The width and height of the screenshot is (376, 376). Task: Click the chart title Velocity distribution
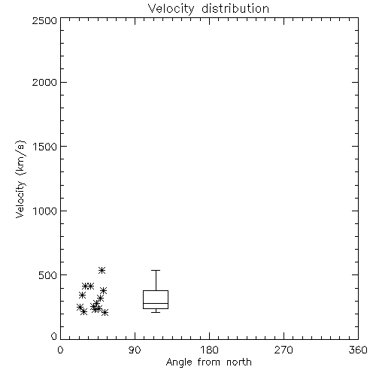(208, 9)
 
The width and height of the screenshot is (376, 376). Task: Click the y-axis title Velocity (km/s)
(20, 179)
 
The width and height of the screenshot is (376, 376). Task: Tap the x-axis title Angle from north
(209, 362)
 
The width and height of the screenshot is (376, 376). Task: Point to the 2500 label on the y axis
(44, 20)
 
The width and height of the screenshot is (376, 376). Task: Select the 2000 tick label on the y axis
(44, 82)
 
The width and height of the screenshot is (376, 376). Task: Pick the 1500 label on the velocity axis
(45, 147)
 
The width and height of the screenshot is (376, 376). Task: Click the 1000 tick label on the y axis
(45, 211)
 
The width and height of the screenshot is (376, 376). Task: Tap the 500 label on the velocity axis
(48, 275)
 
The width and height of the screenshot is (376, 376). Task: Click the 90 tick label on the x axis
(135, 350)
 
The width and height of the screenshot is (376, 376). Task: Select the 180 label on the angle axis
(209, 350)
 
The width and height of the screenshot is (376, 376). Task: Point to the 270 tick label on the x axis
(284, 350)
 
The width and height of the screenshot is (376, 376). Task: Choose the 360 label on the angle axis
(358, 350)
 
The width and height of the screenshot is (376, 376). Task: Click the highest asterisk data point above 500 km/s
(102, 270)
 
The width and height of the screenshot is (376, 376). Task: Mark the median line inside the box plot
(156, 303)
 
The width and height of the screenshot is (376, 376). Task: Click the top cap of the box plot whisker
(156, 270)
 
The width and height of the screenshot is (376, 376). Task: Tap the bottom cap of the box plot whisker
(156, 312)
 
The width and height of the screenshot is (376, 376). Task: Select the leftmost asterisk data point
(80, 307)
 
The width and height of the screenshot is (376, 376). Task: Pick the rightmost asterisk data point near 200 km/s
(105, 313)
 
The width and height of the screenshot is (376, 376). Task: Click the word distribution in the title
(235, 9)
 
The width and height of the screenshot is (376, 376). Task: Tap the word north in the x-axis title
(239, 362)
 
